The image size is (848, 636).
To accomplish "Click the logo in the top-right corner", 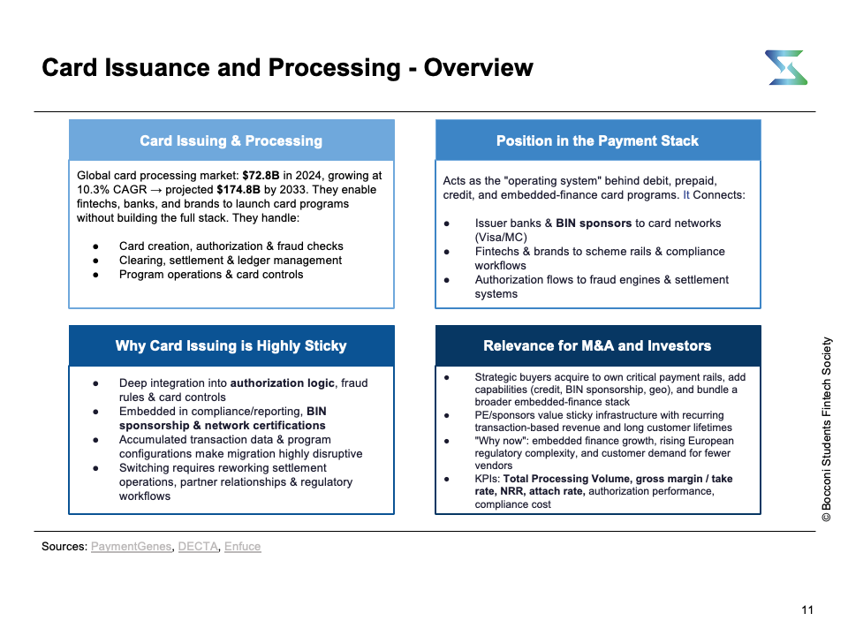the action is pyautogui.click(x=786, y=68).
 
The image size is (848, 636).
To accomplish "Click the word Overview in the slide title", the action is pyautogui.click(x=478, y=68).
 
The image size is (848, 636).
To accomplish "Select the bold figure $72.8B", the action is pyautogui.click(x=261, y=175).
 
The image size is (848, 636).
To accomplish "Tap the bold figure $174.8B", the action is pyautogui.click(x=238, y=189).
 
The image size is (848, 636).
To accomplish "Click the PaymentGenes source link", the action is pyautogui.click(x=131, y=546).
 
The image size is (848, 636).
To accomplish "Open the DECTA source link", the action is pyautogui.click(x=198, y=546).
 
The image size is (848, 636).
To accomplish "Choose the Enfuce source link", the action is pyautogui.click(x=242, y=546).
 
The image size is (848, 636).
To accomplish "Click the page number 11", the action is pyautogui.click(x=806, y=610).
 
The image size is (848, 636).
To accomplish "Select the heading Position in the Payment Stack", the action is pyautogui.click(x=598, y=140).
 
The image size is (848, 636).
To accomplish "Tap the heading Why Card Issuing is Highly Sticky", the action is pyautogui.click(x=231, y=345).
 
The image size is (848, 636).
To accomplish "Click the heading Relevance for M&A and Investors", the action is pyautogui.click(x=597, y=345).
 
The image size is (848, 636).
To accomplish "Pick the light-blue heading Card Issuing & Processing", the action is pyautogui.click(x=231, y=140).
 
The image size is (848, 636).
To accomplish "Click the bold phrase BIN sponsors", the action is pyautogui.click(x=594, y=223).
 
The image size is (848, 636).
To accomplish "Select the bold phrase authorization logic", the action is pyautogui.click(x=283, y=382).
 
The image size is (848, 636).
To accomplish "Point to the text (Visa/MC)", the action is pyautogui.click(x=501, y=237).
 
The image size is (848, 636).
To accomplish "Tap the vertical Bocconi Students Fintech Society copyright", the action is pyautogui.click(x=826, y=429).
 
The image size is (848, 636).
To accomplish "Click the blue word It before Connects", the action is pyautogui.click(x=685, y=194).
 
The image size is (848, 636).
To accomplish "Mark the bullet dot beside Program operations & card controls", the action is pyautogui.click(x=95, y=275).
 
